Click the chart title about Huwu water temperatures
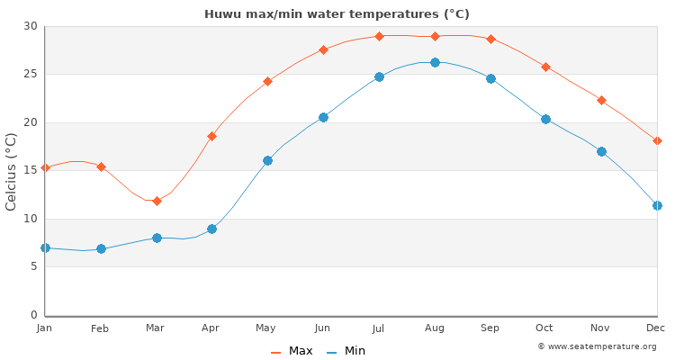click(x=337, y=13)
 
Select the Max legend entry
click(x=293, y=351)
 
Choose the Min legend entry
click(x=346, y=351)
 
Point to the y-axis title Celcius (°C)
click(x=12, y=171)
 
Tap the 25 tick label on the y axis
click(x=31, y=74)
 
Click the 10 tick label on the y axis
click(x=31, y=219)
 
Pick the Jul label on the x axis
click(x=379, y=328)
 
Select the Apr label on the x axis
click(x=211, y=328)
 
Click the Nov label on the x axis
click(x=600, y=328)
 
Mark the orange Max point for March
click(x=157, y=201)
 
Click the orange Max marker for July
click(x=379, y=36)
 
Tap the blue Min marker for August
click(x=435, y=62)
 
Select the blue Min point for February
click(x=101, y=248)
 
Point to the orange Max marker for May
click(x=267, y=81)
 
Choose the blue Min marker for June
click(x=323, y=117)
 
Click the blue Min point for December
click(x=657, y=205)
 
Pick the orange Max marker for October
click(x=545, y=67)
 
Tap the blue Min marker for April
click(x=211, y=229)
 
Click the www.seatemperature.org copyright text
click(x=597, y=346)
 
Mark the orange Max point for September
click(x=490, y=39)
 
